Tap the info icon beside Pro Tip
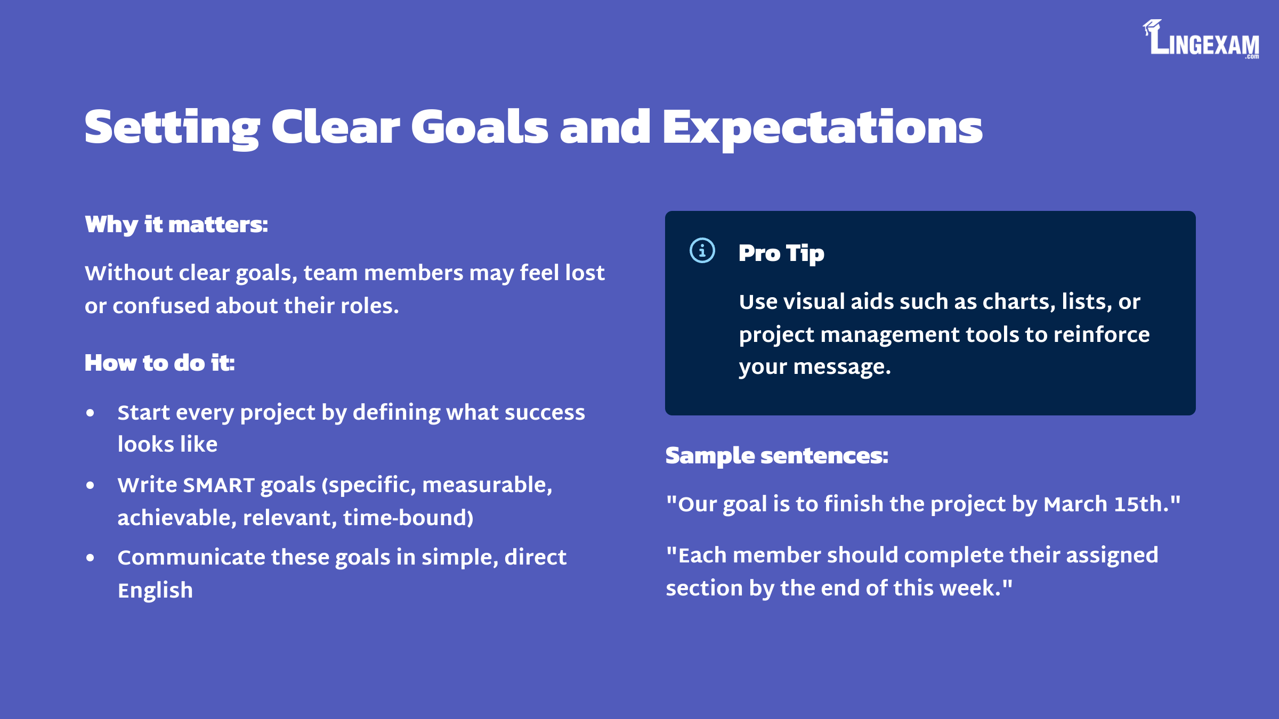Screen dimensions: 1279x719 pos(702,250)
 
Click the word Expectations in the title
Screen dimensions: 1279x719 pos(822,127)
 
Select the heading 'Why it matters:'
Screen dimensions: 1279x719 pos(176,225)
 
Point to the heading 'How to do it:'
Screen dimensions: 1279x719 pos(160,363)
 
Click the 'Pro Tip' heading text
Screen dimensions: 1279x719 pos(781,254)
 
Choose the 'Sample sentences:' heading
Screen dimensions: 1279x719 pos(777,456)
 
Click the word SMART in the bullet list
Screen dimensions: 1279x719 pos(218,485)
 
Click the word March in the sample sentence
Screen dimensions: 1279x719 pos(1075,504)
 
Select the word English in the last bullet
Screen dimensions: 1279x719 pos(155,591)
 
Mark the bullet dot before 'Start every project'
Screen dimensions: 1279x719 pos(90,413)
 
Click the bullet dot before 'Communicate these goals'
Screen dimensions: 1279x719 pos(90,558)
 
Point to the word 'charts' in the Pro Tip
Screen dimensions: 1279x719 pos(1019,302)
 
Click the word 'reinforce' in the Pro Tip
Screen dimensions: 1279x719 pos(1102,334)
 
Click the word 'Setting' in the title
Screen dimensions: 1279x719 pos(172,128)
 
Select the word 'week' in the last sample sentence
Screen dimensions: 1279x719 pos(970,588)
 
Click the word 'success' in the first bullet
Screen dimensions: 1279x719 pos(545,413)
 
